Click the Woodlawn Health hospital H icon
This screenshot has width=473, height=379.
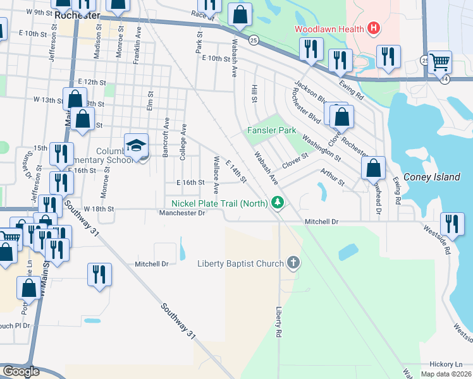[374, 28]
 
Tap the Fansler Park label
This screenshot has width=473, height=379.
[271, 130]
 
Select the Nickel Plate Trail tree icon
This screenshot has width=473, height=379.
[276, 203]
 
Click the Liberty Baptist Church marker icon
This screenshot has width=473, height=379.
[293, 263]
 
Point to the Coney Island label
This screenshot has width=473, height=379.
[431, 177]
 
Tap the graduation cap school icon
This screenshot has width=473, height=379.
[136, 146]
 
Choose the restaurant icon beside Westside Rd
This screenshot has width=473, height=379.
[451, 222]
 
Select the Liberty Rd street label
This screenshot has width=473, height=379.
[278, 322]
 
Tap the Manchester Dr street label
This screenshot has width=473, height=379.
[183, 214]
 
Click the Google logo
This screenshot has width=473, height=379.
[21, 371]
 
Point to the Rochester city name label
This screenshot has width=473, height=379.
[78, 13]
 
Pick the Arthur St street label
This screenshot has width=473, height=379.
[332, 177]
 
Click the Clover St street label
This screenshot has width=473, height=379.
[295, 160]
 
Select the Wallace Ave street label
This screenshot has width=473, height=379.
[216, 174]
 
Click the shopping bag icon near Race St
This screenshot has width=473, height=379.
[240, 15]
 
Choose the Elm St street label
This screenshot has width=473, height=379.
[150, 101]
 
